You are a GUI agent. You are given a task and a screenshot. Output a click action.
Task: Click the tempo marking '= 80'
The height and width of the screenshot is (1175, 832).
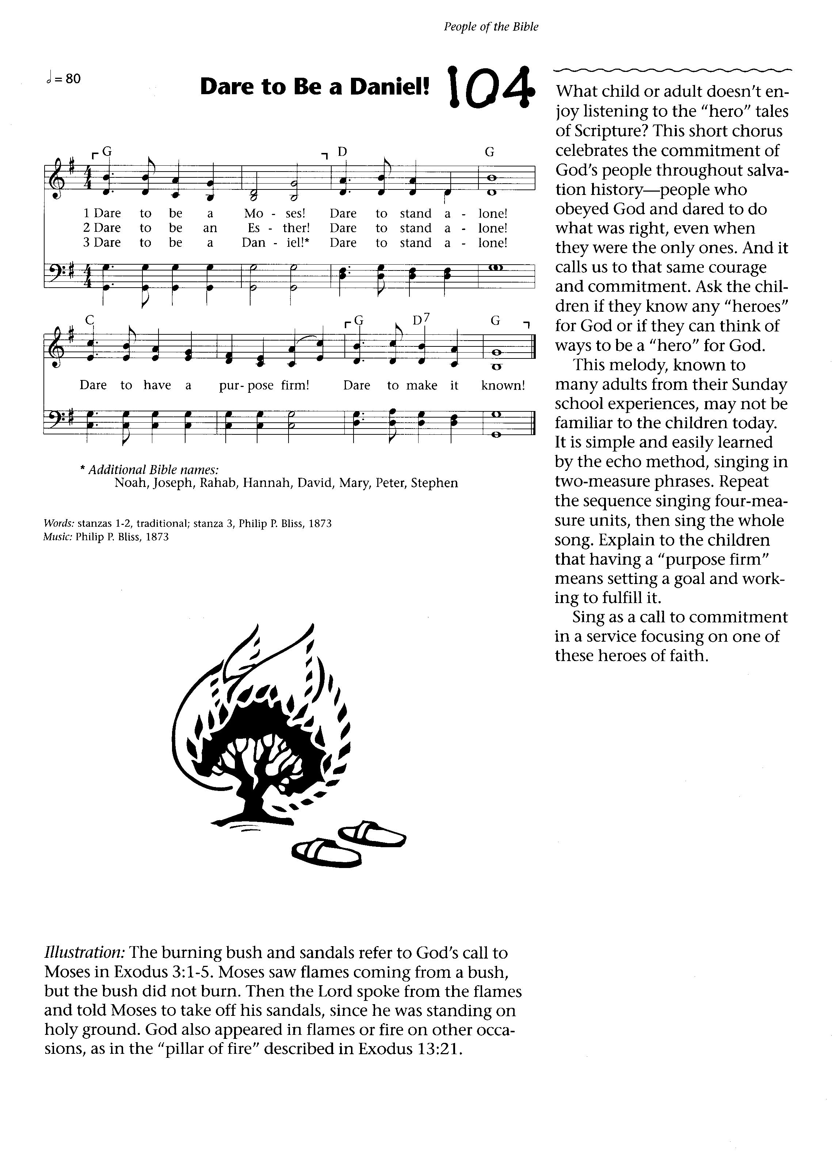coord(66,79)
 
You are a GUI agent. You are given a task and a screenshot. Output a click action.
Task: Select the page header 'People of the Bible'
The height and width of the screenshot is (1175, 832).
coord(491,27)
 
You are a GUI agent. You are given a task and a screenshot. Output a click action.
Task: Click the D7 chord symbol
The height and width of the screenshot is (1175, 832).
coord(420,321)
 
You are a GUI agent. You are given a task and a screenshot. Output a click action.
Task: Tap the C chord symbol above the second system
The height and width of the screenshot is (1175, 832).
coord(89,320)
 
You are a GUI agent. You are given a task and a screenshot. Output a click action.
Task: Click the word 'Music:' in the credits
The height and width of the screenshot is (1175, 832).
coord(58,537)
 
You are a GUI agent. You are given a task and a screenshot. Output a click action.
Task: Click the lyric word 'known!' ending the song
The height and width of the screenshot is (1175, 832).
coord(503,385)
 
